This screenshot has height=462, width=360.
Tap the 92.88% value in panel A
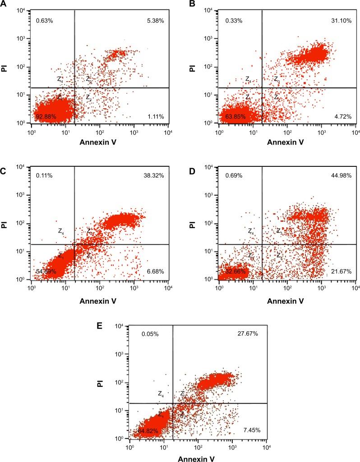45,117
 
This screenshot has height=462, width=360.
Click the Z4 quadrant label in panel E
161,393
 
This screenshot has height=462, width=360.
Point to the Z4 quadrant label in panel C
61,231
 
